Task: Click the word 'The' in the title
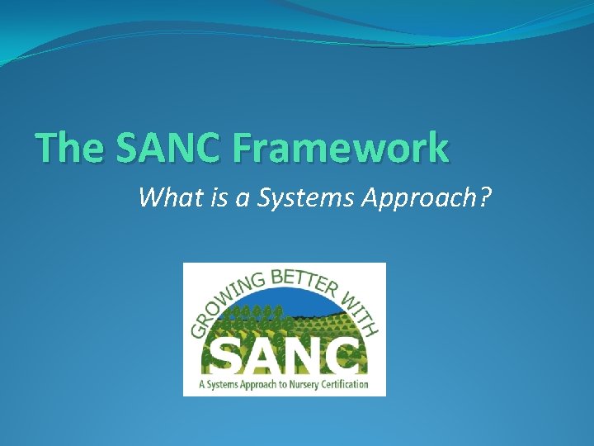pyautogui.click(x=70, y=148)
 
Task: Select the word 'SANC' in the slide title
pyautogui.click(x=171, y=148)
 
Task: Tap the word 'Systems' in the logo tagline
pyautogui.click(x=223, y=385)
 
